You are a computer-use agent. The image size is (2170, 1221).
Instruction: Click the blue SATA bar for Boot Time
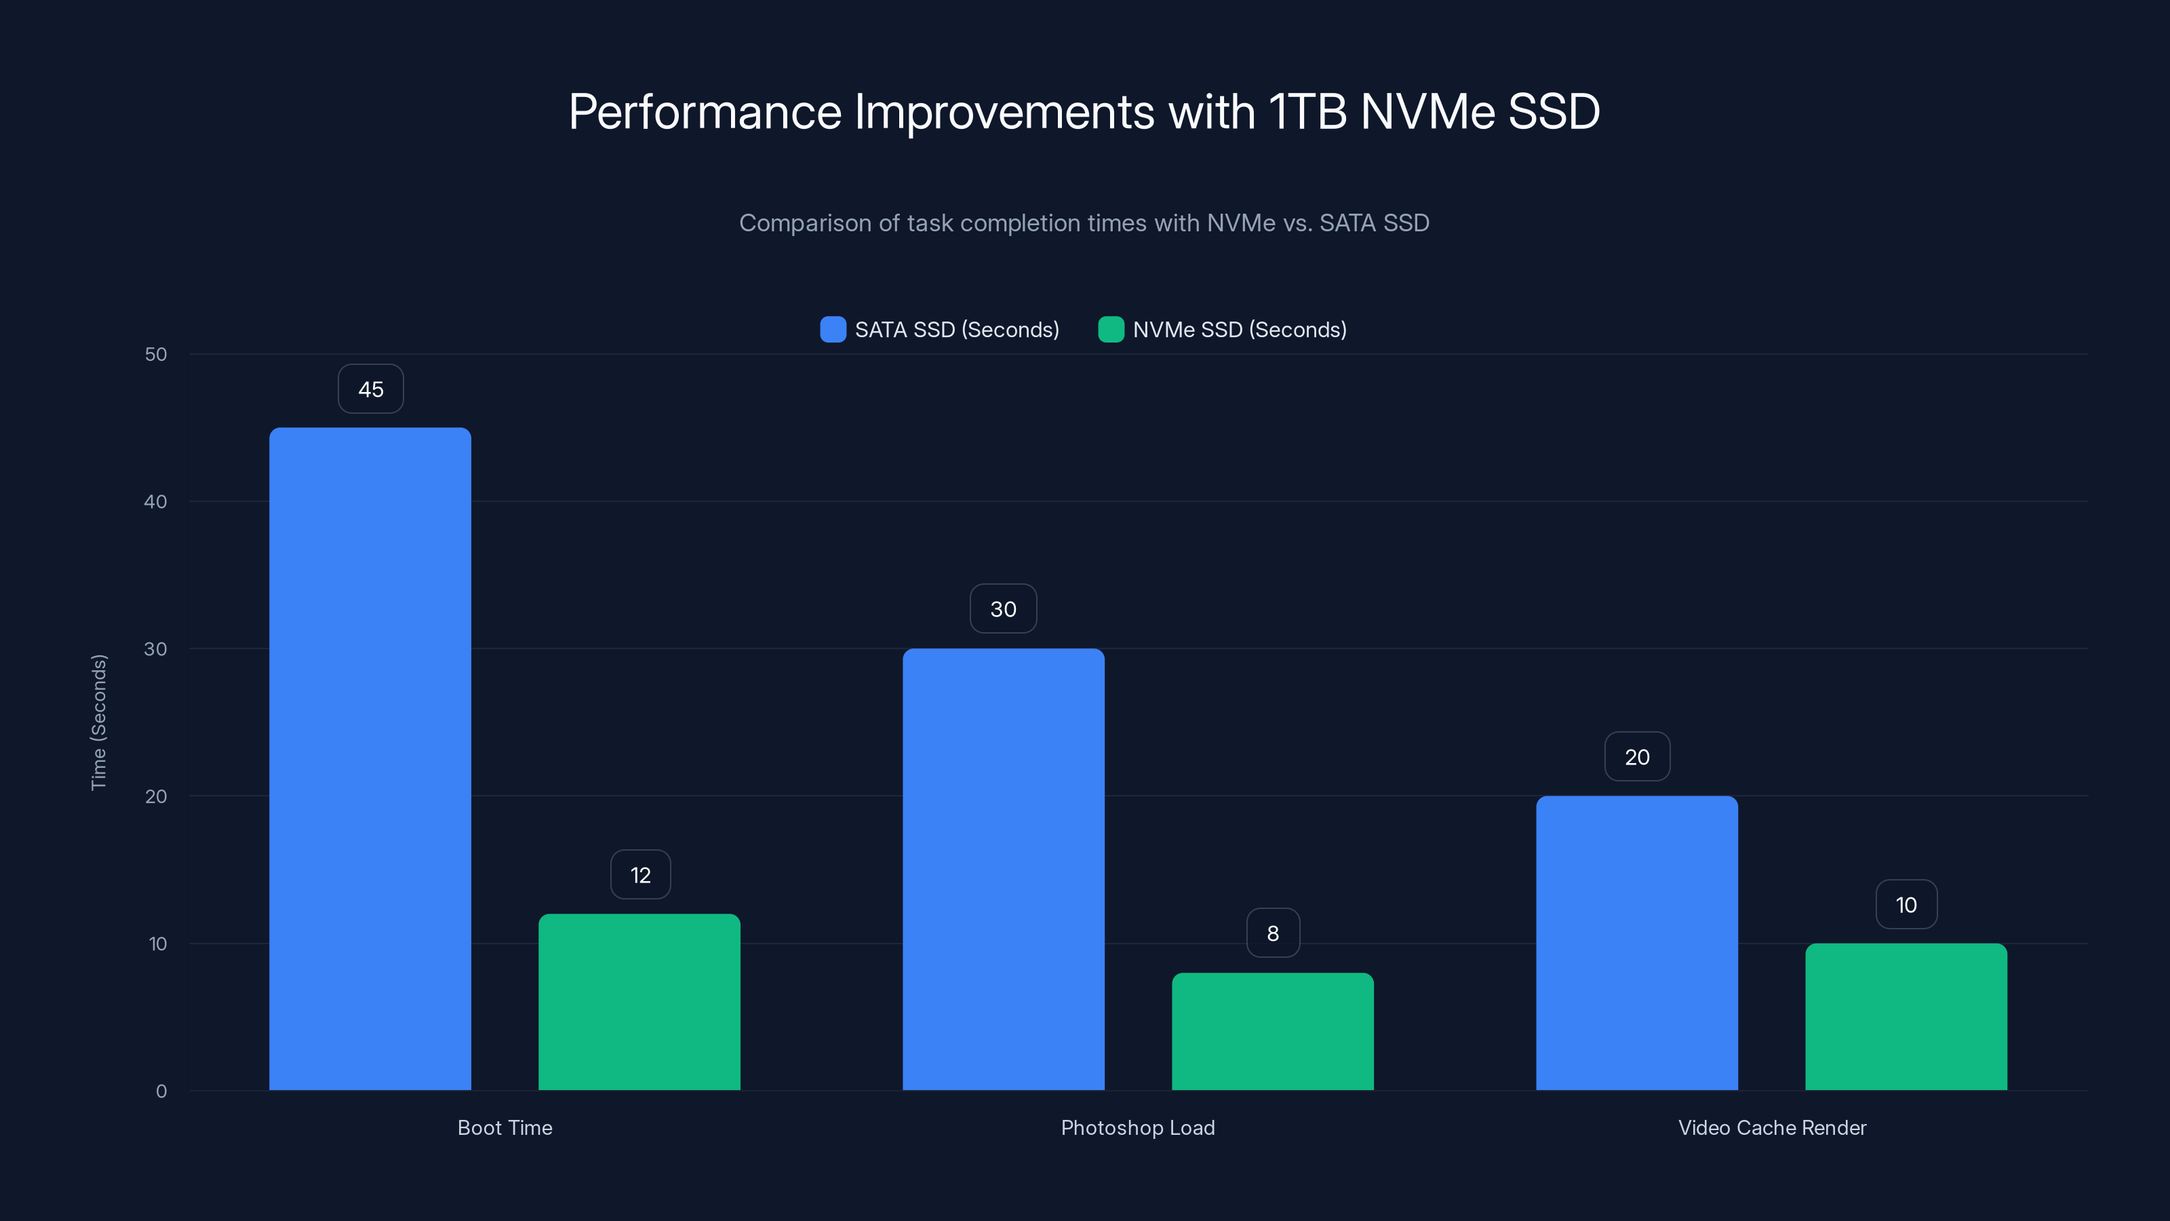tap(370, 758)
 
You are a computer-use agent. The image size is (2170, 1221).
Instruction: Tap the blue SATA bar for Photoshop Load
tap(1004, 868)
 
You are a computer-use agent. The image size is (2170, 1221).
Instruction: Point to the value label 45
tap(371, 389)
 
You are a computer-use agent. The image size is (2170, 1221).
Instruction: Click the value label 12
tap(640, 874)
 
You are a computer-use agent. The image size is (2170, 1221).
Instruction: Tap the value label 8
tap(1273, 933)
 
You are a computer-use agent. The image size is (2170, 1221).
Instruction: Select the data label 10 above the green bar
tap(1906, 904)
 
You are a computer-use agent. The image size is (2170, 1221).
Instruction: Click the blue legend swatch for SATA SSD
tap(832, 330)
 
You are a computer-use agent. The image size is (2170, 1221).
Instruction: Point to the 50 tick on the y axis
tap(156, 354)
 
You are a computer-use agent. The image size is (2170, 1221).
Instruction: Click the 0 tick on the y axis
tap(161, 1091)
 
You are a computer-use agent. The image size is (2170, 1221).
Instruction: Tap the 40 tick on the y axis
tap(156, 501)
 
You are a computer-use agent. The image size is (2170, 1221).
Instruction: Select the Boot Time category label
tap(505, 1127)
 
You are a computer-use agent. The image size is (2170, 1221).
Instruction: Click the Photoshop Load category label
tap(1137, 1127)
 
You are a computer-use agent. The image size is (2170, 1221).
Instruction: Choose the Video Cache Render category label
tap(1771, 1127)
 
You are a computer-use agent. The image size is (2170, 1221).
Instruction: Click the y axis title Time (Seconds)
tap(98, 722)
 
